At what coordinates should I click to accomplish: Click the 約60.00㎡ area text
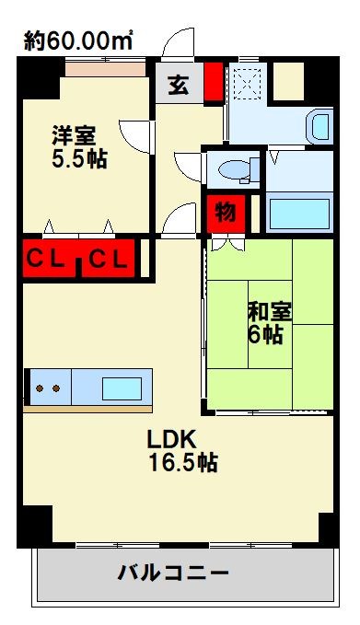(x=78, y=41)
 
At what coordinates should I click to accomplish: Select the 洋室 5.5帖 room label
(x=79, y=147)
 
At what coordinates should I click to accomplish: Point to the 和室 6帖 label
(x=269, y=323)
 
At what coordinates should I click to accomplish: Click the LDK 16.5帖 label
(x=183, y=451)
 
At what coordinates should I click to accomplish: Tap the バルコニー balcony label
(x=173, y=573)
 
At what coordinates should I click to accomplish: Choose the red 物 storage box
(x=226, y=214)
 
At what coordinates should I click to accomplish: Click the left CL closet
(x=48, y=260)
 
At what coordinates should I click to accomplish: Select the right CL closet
(x=109, y=260)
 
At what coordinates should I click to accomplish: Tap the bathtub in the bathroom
(x=299, y=214)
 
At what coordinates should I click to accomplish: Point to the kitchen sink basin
(x=122, y=388)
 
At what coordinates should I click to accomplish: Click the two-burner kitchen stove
(x=48, y=388)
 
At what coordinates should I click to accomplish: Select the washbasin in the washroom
(x=320, y=126)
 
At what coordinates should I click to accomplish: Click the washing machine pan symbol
(x=247, y=85)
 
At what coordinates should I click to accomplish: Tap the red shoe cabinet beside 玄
(x=214, y=82)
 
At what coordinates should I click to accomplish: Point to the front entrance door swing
(x=178, y=43)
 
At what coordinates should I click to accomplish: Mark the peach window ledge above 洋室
(x=105, y=69)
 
